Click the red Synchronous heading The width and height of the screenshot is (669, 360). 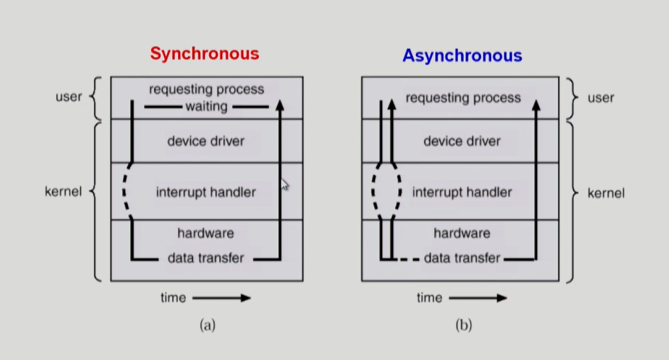click(x=205, y=54)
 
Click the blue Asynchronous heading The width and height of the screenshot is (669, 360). click(x=462, y=56)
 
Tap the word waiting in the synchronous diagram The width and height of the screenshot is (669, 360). click(x=206, y=107)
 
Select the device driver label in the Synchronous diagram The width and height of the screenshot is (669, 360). click(x=206, y=141)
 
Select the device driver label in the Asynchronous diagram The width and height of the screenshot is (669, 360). click(x=462, y=141)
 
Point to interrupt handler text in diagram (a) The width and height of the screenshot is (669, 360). click(x=206, y=192)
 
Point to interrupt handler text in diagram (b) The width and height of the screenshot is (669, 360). click(x=462, y=192)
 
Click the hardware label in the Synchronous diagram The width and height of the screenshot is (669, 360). click(x=206, y=233)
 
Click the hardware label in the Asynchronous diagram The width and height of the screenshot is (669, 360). click(x=462, y=233)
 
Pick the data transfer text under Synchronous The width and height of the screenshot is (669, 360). click(x=206, y=258)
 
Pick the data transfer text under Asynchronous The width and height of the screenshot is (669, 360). click(x=462, y=258)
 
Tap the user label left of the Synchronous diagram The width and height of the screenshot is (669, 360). click(x=68, y=97)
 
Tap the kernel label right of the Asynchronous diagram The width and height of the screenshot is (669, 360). click(x=606, y=193)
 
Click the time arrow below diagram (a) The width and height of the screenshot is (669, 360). click(x=221, y=297)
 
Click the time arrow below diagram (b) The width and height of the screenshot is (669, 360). click(x=478, y=297)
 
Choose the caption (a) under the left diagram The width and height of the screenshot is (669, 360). click(x=207, y=325)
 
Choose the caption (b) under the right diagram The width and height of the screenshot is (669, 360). click(x=464, y=325)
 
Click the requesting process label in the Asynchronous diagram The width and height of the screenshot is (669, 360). click(x=463, y=98)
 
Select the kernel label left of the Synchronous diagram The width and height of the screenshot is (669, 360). click(x=63, y=191)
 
